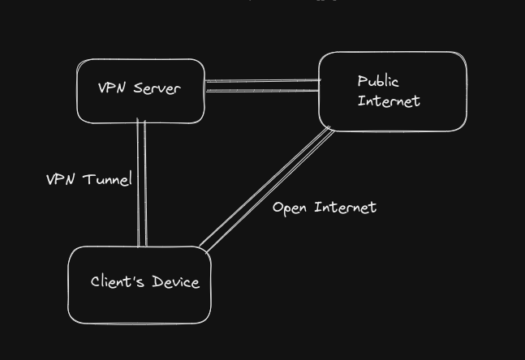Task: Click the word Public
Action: coord(378,82)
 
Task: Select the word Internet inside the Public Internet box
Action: coord(389,101)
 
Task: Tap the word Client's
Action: coord(117,281)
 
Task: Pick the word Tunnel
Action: coord(105,179)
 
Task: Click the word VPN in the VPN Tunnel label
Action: coord(60,179)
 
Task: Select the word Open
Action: coord(290,208)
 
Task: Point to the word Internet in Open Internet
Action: coord(345,208)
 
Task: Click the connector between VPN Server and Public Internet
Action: coord(261,86)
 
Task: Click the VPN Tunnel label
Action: coord(88,179)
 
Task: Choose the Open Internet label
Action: coord(324,208)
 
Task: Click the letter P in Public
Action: coord(363,82)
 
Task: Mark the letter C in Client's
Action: coord(96,282)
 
